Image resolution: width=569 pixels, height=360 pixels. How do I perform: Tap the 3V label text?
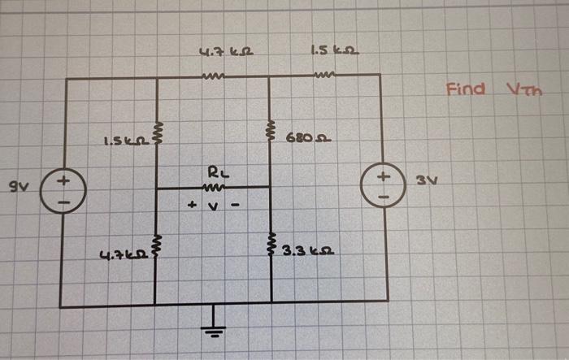(426, 180)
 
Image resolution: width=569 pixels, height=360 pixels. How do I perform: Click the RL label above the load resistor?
(212, 172)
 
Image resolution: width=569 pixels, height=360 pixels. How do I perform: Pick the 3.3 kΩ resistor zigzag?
(270, 245)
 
